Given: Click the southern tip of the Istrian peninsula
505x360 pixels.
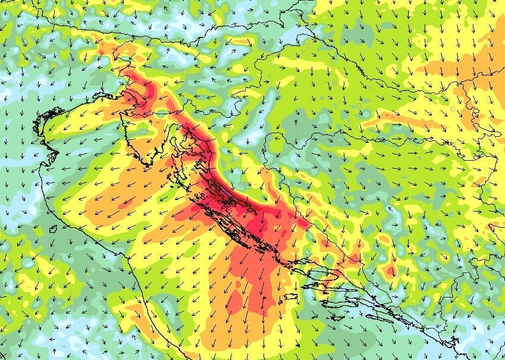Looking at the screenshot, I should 147,162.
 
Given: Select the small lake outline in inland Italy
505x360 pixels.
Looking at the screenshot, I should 53,229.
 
